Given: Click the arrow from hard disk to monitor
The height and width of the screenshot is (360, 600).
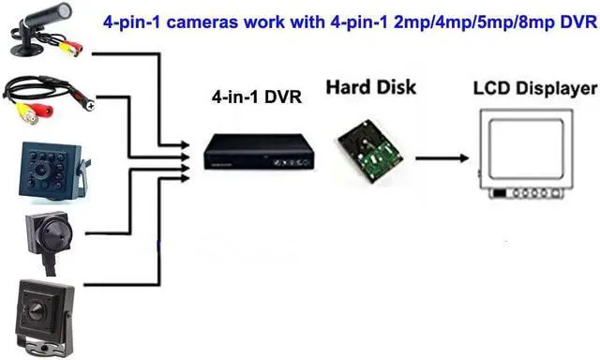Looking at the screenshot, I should (441, 157).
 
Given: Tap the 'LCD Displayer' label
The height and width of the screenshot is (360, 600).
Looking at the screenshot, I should (533, 89).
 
